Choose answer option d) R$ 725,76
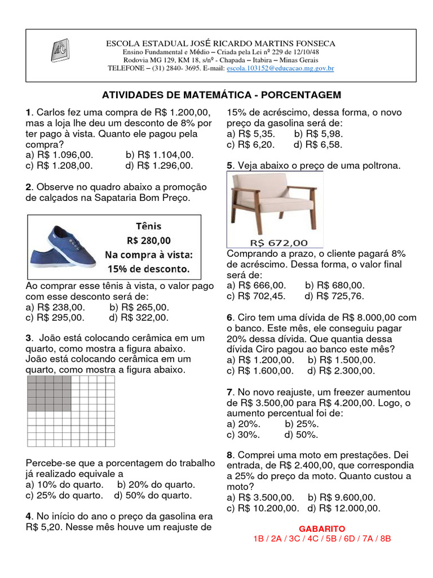tap(334, 296)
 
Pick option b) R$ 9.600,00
tap(341, 497)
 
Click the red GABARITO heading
tap(322, 529)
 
